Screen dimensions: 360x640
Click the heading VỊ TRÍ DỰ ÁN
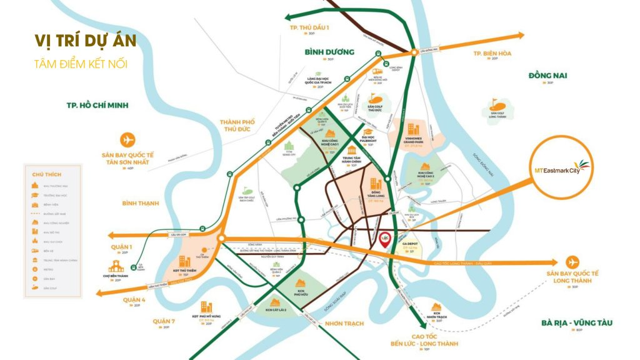coord(85,42)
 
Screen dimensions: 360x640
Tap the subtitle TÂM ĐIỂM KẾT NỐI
coord(80,64)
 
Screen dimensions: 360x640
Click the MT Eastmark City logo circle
coord(565,167)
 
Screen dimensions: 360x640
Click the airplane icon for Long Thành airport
coord(572,261)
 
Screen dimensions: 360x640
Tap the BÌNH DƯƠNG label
coord(329,52)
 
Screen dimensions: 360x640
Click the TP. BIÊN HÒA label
coord(492,54)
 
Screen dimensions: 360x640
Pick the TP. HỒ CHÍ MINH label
coord(97,106)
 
